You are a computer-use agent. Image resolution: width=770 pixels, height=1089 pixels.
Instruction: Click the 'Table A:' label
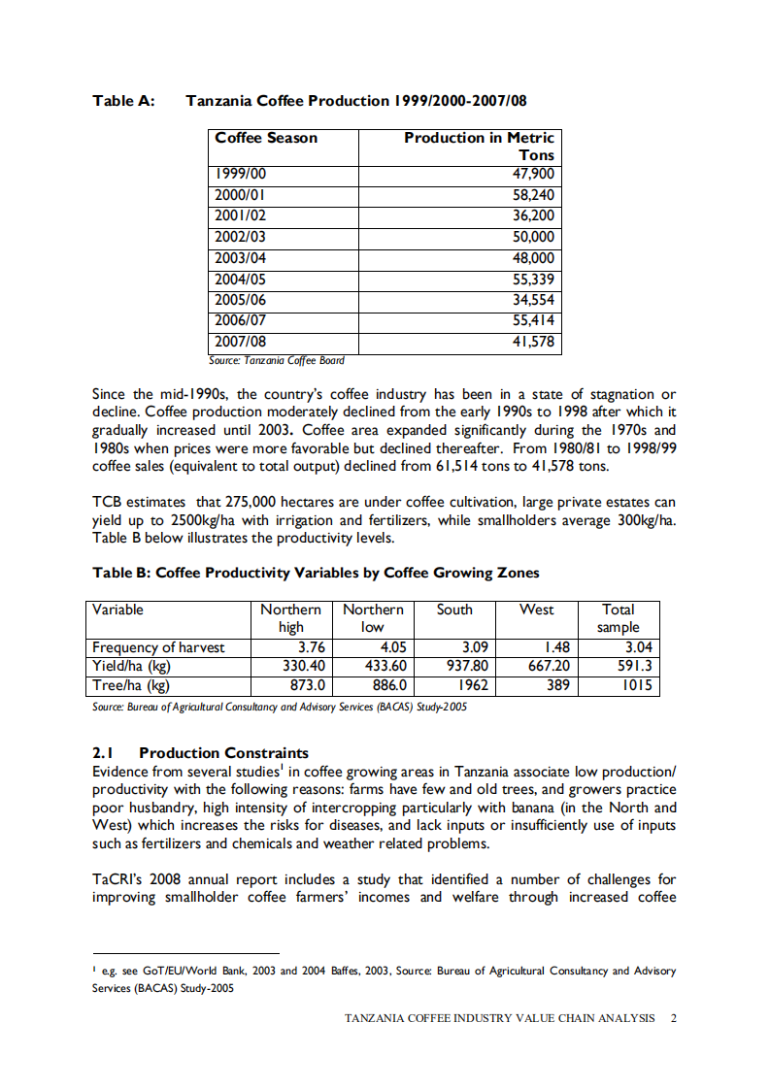123,101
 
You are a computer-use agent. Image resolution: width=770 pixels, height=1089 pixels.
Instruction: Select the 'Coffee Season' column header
266,138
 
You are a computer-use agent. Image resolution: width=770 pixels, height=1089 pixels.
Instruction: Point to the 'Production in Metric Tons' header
479,146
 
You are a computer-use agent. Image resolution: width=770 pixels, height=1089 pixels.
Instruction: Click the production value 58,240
533,195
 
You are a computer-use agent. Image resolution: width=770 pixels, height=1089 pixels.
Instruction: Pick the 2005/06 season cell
241,301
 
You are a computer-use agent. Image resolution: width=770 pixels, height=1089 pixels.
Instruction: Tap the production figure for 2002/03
533,238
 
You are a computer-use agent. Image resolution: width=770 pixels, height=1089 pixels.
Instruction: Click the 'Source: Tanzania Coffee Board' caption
277,360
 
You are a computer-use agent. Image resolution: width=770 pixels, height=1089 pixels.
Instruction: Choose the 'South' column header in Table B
454,610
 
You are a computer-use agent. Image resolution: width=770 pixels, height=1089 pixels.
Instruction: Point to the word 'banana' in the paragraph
591,808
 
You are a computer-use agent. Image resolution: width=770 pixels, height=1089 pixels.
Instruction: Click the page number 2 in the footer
673,1018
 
